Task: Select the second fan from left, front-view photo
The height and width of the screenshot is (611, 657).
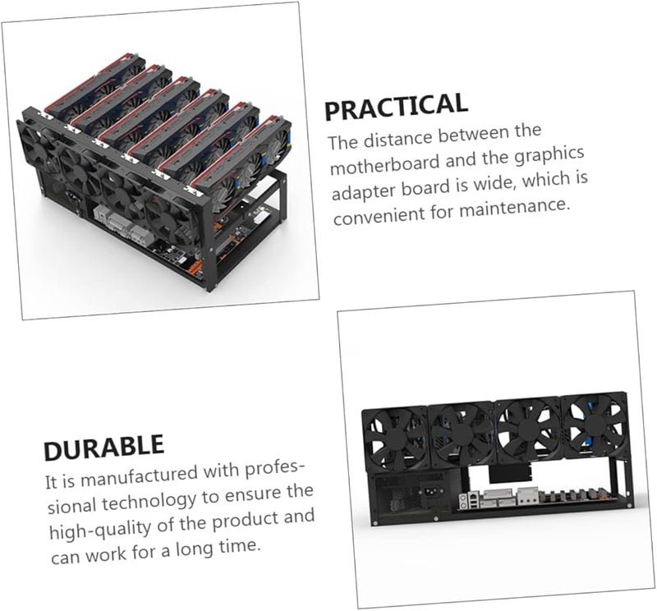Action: coord(462,431)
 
